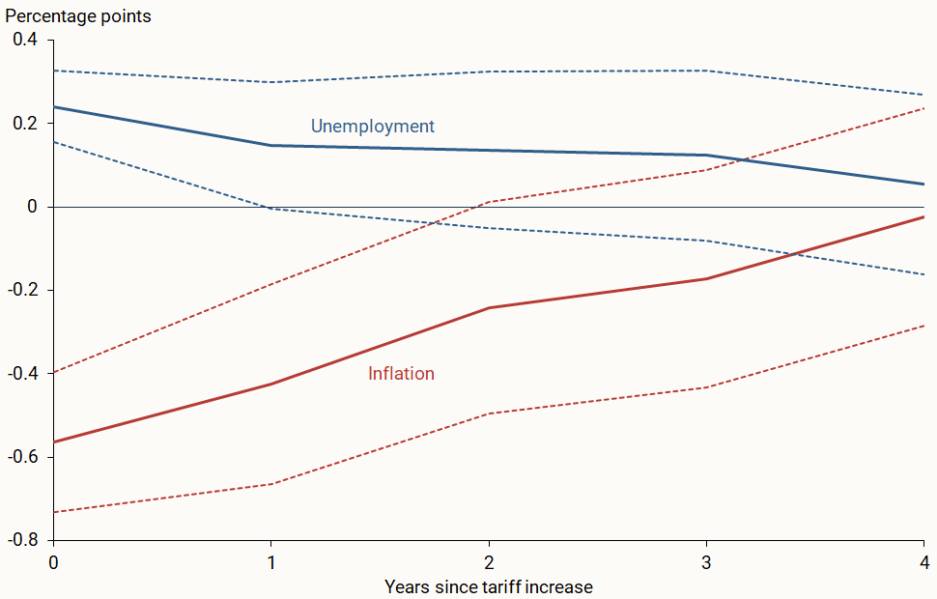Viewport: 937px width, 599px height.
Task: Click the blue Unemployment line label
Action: click(372, 127)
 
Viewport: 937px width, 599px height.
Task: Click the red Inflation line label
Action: click(401, 374)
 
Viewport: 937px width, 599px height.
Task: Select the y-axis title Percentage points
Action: click(78, 16)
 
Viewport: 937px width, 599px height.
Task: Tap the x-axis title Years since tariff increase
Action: click(488, 586)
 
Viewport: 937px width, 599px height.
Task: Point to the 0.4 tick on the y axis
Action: click(25, 41)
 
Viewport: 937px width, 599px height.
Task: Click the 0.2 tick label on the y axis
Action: click(25, 124)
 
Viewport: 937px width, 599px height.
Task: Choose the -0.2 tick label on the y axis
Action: click(22, 290)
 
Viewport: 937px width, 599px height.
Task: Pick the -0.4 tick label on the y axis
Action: click(22, 373)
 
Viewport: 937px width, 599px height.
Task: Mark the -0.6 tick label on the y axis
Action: click(22, 456)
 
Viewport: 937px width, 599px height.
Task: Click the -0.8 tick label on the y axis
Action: click(22, 539)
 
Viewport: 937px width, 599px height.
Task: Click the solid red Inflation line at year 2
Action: click(489, 308)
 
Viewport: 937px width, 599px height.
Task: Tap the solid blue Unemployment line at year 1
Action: click(271, 146)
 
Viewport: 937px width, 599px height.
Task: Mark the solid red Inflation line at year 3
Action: click(706, 279)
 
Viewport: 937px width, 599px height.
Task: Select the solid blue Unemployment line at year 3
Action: click(706, 156)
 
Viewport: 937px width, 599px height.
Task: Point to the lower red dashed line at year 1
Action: click(271, 484)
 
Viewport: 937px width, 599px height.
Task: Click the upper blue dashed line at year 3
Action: click(706, 71)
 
